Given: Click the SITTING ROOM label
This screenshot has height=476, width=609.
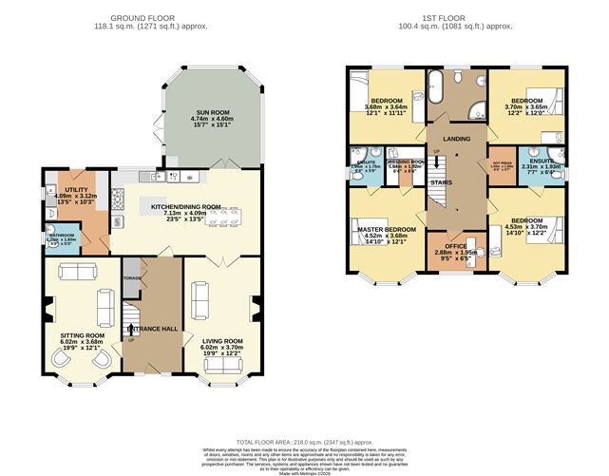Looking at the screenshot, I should (x=82, y=335).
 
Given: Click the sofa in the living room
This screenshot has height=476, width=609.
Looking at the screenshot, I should (x=201, y=301).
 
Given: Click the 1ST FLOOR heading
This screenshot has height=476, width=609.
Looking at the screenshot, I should (x=455, y=18).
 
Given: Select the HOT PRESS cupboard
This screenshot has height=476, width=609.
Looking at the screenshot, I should (x=502, y=168).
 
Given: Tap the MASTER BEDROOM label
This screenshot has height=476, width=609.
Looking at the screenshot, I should (x=386, y=230).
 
